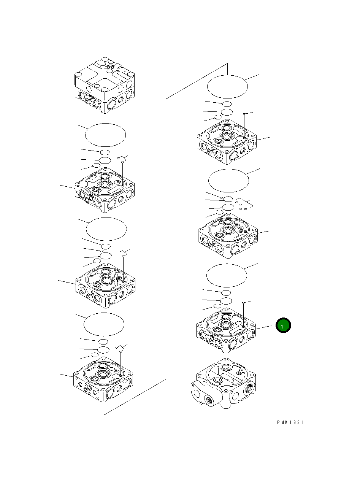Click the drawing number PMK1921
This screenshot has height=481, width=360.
pyautogui.click(x=290, y=422)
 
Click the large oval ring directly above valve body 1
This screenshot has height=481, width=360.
pyautogui.click(x=227, y=275)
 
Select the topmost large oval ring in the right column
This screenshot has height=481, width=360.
pyautogui.click(x=227, y=86)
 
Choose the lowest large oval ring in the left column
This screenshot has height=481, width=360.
pyautogui.click(x=104, y=324)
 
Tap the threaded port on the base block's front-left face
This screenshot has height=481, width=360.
pyautogui.click(x=209, y=400)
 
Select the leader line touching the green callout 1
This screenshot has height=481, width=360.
pyautogui.click(x=266, y=327)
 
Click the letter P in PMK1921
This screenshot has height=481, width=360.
pyautogui.click(x=278, y=422)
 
